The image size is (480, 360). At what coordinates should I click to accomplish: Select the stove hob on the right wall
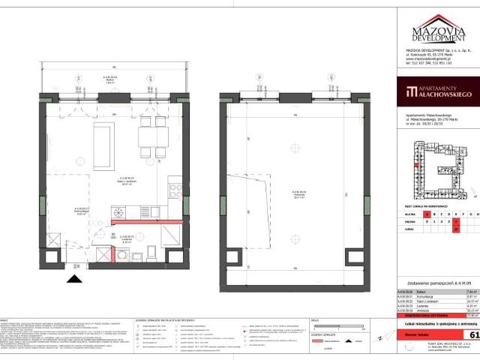173,190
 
